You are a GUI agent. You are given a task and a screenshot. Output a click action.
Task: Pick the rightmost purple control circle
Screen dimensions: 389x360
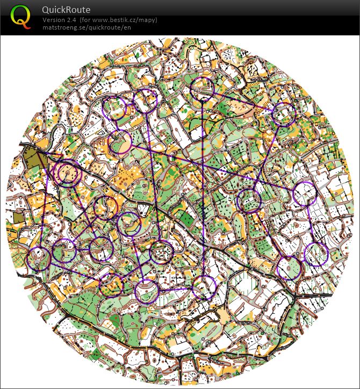[x=316, y=254]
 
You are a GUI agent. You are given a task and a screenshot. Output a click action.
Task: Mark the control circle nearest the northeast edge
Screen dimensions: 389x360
[x=284, y=114]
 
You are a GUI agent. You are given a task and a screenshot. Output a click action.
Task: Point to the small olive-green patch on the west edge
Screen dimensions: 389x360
[x=19, y=217]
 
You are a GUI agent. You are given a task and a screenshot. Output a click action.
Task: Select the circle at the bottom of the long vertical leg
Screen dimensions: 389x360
[x=204, y=287]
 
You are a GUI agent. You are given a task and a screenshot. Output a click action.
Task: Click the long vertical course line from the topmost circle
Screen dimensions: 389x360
[x=203, y=188]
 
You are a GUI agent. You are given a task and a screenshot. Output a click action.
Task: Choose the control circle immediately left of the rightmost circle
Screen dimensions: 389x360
[x=289, y=268]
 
